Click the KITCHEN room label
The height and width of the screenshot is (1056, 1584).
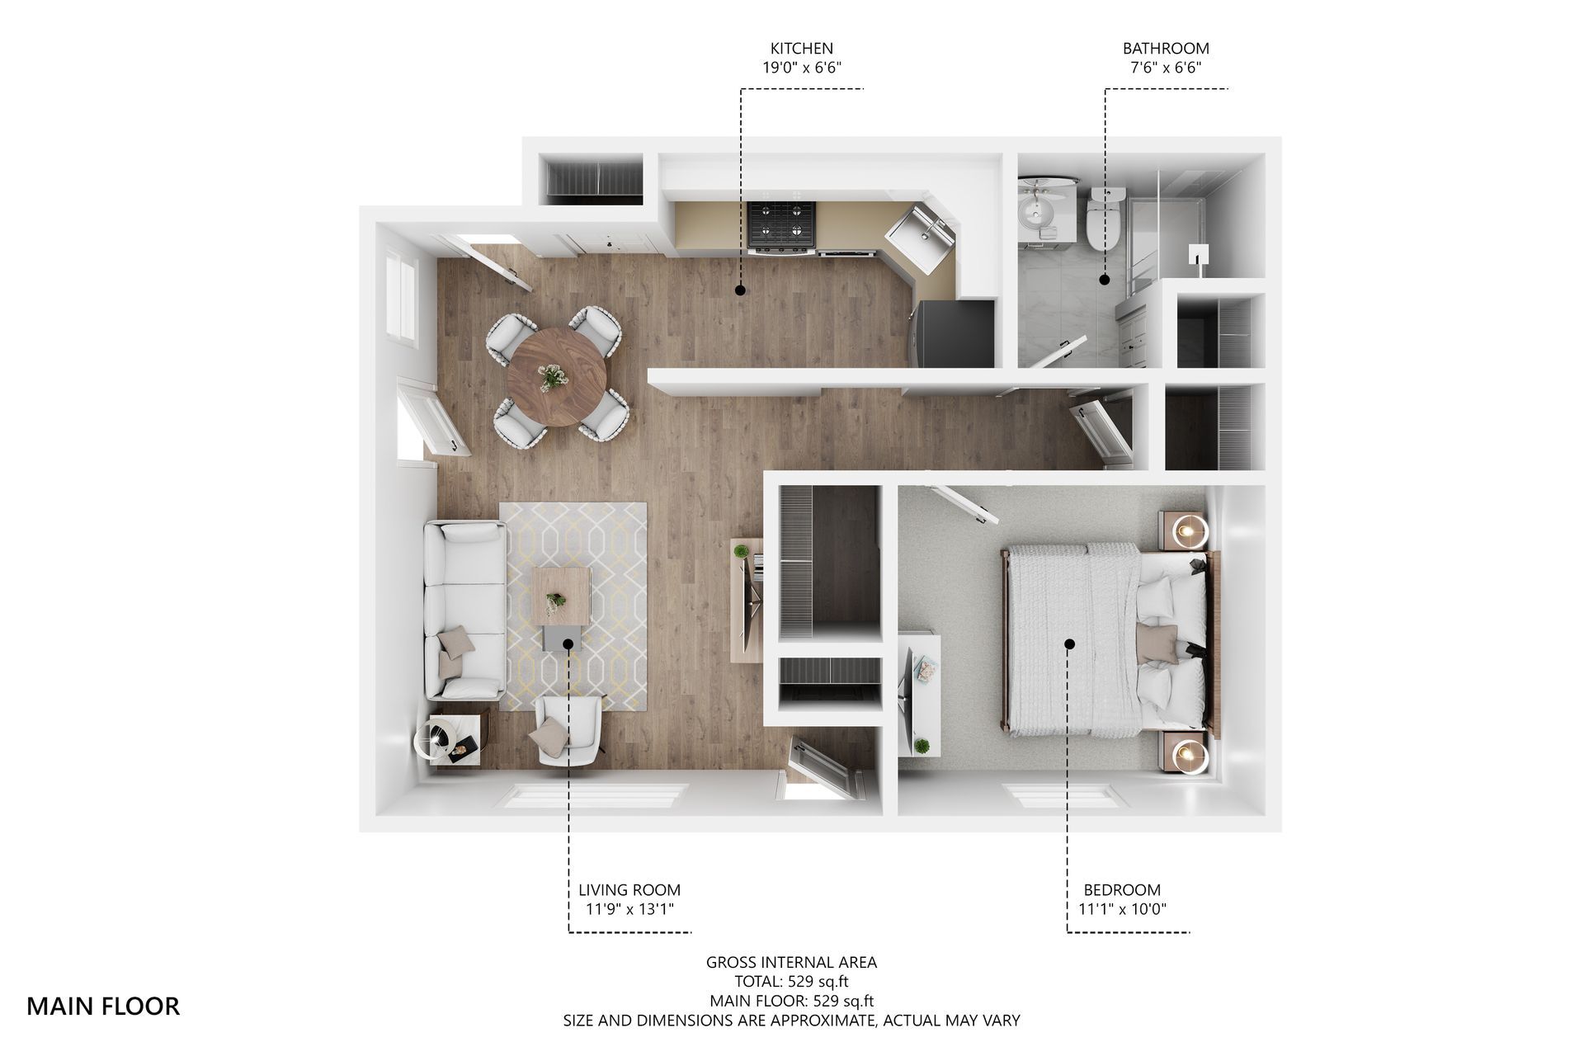pyautogui.click(x=801, y=49)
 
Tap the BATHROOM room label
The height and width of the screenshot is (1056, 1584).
pyautogui.click(x=1165, y=49)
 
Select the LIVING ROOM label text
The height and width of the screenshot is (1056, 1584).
pyautogui.click(x=629, y=890)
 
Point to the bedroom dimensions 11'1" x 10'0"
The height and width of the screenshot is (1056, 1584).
pyautogui.click(x=1122, y=909)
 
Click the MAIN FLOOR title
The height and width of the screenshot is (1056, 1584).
pyautogui.click(x=103, y=1006)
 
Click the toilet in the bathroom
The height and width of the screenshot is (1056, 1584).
pyautogui.click(x=1104, y=221)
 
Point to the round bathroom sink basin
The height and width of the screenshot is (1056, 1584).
pyautogui.click(x=1037, y=215)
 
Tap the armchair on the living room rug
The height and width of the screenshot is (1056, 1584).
pyautogui.click(x=568, y=728)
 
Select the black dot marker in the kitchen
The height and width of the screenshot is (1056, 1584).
pyautogui.click(x=740, y=290)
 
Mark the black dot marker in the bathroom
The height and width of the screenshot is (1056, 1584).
pyautogui.click(x=1105, y=280)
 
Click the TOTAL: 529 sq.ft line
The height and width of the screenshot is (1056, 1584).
pyautogui.click(x=791, y=982)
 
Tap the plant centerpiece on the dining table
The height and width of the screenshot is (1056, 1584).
pyautogui.click(x=551, y=378)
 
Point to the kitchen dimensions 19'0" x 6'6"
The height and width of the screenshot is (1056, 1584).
pyautogui.click(x=801, y=68)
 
